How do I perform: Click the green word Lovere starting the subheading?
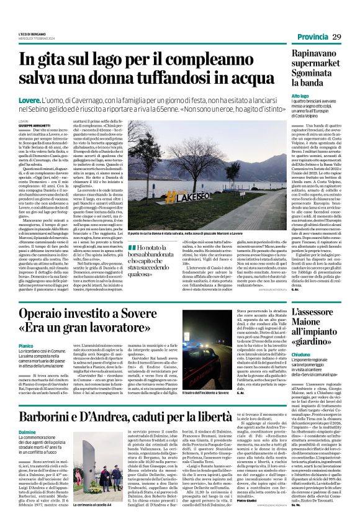30,101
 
